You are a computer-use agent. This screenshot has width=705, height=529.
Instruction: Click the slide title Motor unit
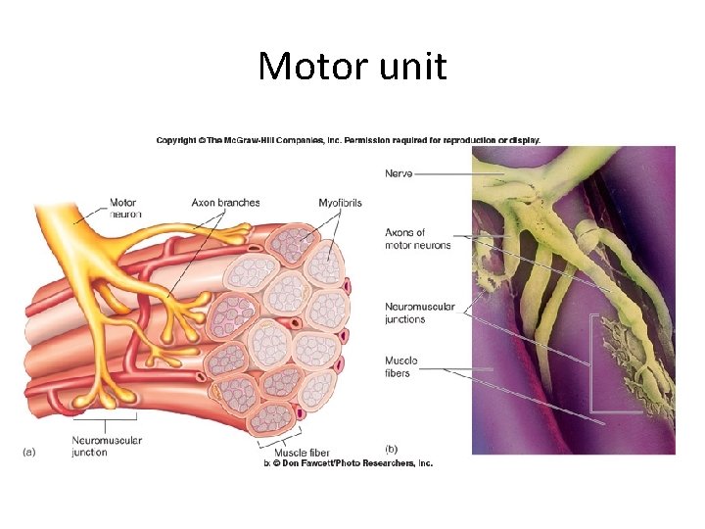(x=352, y=67)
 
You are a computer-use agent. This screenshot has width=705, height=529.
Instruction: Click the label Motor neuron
(x=124, y=208)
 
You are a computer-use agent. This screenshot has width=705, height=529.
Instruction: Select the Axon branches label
(x=225, y=203)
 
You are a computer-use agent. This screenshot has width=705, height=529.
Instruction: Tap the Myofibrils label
(x=340, y=203)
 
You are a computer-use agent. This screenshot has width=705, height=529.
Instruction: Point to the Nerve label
(x=399, y=173)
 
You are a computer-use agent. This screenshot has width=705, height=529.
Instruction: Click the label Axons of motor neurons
(x=418, y=238)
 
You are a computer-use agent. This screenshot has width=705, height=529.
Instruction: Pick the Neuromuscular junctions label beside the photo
(x=419, y=313)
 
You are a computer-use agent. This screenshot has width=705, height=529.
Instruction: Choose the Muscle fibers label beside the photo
(x=401, y=366)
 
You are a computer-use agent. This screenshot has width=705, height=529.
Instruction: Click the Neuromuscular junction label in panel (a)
(x=107, y=446)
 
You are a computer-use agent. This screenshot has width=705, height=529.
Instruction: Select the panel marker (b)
(x=392, y=447)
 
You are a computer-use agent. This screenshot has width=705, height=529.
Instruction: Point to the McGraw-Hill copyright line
(x=348, y=140)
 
